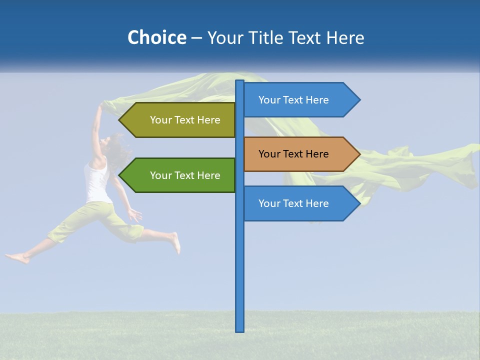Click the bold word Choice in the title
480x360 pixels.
point(156,37)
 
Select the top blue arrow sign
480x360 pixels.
point(295,100)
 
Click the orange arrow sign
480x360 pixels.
point(295,154)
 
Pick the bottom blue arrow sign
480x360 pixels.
point(295,203)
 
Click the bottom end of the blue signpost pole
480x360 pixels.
point(240,330)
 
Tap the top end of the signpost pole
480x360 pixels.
point(240,81)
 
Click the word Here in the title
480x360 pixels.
point(345,37)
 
